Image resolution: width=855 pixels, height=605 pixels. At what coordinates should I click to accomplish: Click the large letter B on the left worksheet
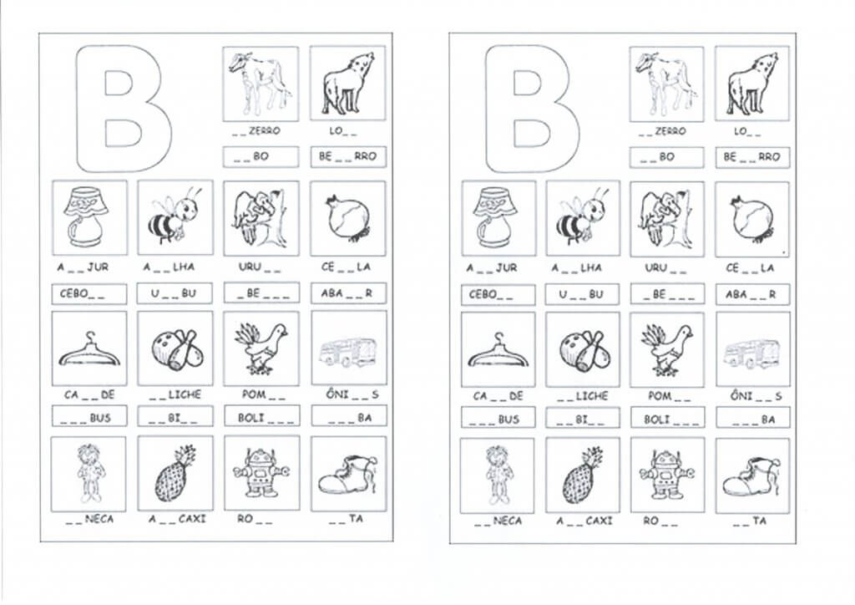point(124,109)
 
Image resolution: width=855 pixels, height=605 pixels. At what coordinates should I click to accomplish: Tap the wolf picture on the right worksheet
point(752,84)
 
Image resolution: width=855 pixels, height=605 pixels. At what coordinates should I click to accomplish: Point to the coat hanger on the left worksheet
point(89,351)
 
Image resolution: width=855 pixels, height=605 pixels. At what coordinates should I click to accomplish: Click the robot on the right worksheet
point(665,474)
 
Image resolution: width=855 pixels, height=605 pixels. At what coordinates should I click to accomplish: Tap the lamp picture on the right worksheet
point(498,217)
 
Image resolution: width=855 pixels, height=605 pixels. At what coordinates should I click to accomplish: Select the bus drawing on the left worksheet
point(349,352)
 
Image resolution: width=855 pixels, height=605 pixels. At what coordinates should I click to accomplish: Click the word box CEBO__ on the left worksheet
point(89,294)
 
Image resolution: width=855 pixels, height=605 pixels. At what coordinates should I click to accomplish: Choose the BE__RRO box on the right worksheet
point(752,157)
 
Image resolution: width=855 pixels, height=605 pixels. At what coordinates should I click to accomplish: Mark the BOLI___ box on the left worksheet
point(261,417)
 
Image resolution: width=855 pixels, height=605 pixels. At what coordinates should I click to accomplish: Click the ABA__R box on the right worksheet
point(752,295)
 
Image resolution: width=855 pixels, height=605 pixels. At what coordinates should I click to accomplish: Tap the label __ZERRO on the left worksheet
point(255,131)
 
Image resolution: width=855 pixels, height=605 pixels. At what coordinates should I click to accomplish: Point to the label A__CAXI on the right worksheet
point(584,521)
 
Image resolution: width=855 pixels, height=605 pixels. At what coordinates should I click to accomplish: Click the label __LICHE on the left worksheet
point(175,394)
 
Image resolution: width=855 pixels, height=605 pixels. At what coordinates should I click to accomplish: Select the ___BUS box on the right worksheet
point(498,419)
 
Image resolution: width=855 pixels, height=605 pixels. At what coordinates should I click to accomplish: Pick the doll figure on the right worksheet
point(498,475)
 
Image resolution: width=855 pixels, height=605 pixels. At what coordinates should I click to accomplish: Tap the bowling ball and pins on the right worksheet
point(582,350)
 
